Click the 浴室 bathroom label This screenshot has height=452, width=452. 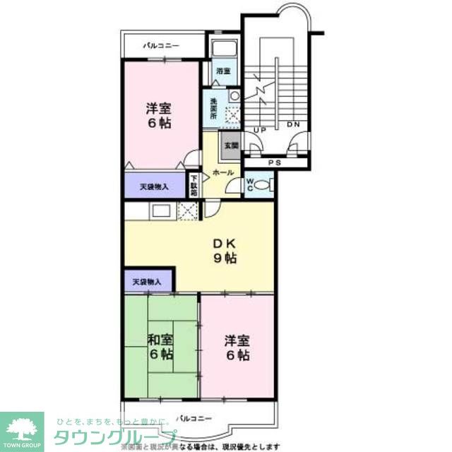(x=222, y=71)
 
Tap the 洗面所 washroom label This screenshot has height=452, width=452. (x=213, y=108)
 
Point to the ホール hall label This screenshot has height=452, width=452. (x=223, y=172)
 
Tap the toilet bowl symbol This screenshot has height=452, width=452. (x=262, y=186)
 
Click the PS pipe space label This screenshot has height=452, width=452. (x=276, y=162)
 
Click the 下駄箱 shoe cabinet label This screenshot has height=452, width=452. (x=194, y=185)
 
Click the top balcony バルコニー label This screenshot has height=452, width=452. (x=162, y=46)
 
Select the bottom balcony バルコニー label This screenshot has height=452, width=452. (x=195, y=418)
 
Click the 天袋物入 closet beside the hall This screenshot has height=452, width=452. (x=153, y=187)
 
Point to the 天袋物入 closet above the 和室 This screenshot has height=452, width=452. (x=147, y=282)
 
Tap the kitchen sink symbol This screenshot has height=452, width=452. (x=159, y=210)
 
